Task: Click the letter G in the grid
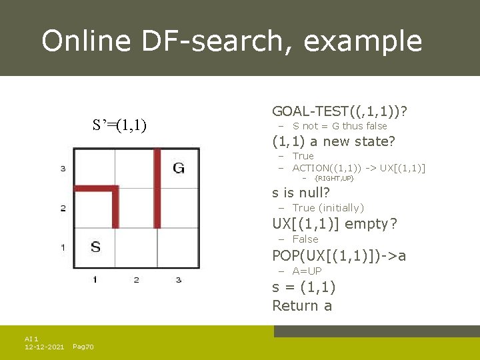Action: [179, 168]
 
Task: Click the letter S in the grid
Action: [95, 247]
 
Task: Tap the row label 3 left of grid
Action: [63, 169]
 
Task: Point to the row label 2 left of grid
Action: [63, 208]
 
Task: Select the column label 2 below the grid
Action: [136, 279]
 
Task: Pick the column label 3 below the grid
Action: [178, 279]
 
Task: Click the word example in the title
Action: [363, 41]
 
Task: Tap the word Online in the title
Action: [86, 41]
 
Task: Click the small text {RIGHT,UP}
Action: [334, 179]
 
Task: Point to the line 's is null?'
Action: [301, 193]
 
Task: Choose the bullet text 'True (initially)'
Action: [328, 208]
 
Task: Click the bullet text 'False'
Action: [305, 239]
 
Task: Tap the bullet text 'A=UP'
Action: [307, 271]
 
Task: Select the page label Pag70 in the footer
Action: [83, 347]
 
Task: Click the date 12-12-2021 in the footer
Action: [44, 347]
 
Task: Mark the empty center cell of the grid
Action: [137, 208]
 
